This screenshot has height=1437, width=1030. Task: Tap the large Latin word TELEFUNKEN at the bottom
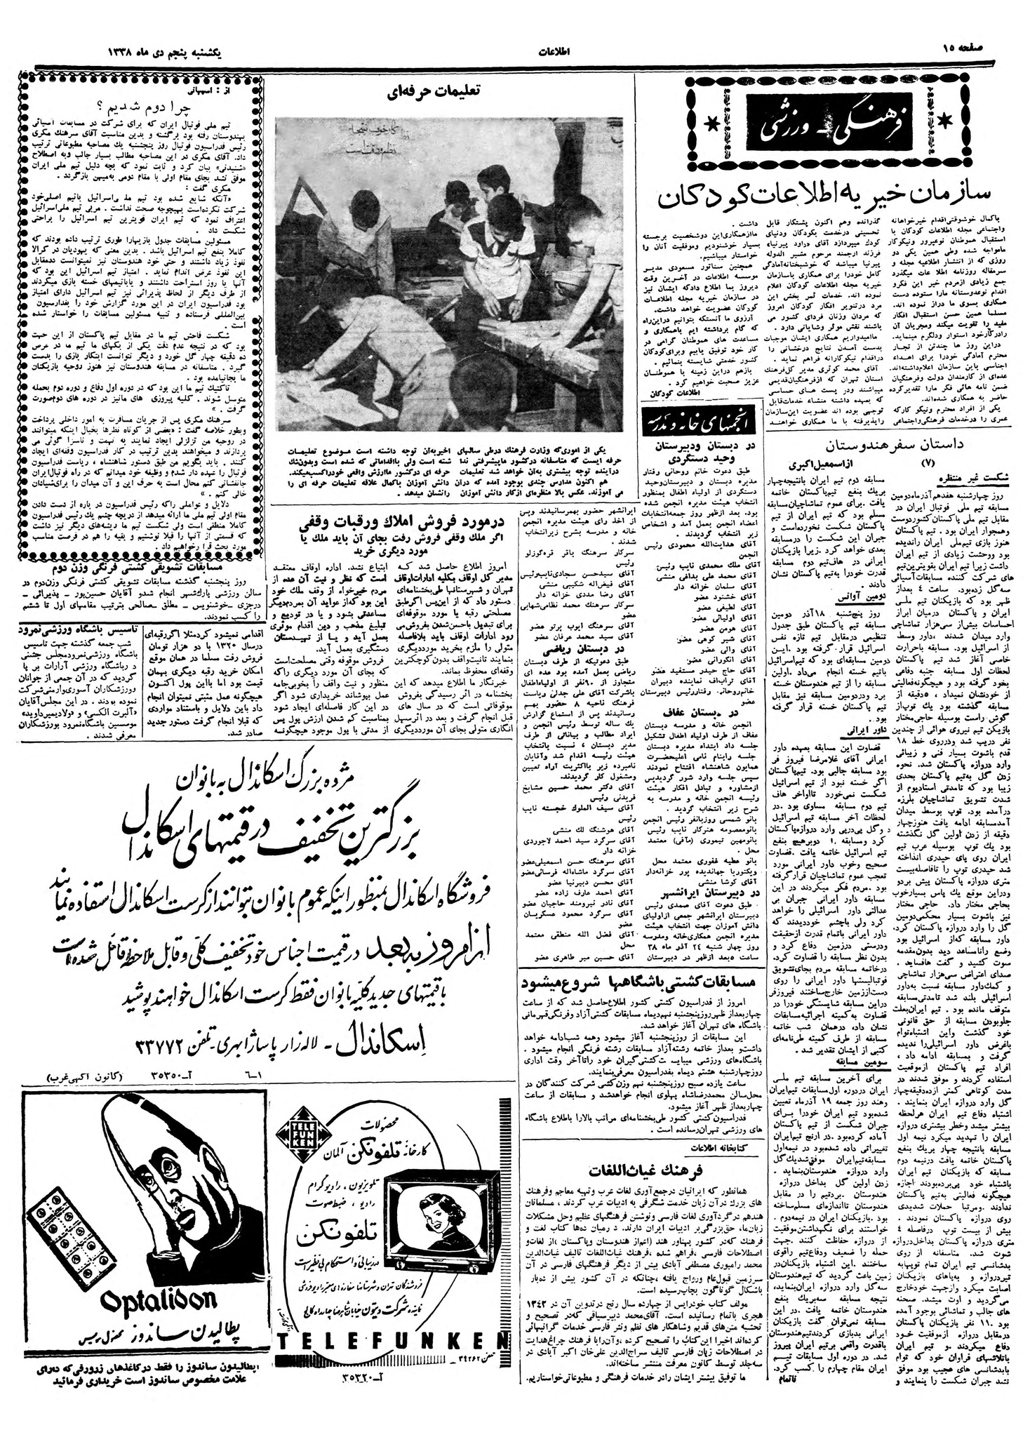pyautogui.click(x=384, y=1380)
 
